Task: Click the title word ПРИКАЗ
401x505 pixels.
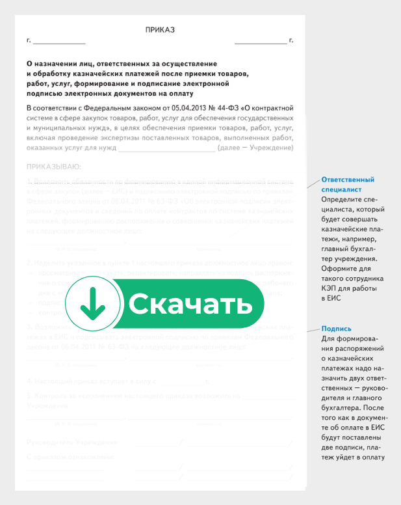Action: (160, 30)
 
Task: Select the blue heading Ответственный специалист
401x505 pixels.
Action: (348, 184)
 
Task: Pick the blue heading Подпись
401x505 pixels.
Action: (336, 329)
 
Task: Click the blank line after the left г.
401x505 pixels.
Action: (59, 42)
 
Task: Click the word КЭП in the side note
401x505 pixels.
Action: (329, 288)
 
